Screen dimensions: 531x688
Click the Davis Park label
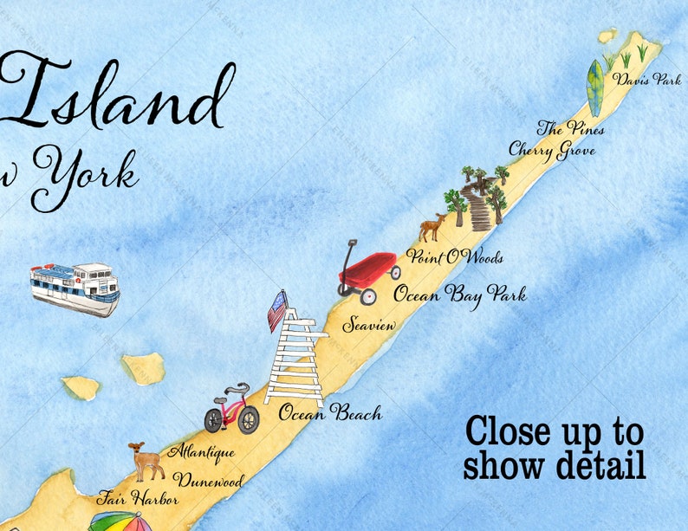[646, 79]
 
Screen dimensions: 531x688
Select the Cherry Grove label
[551, 149]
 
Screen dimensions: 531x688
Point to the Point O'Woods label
[454, 257]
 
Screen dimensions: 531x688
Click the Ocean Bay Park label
[459, 294]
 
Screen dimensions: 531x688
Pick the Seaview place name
[369, 326]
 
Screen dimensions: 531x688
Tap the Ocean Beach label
[329, 413]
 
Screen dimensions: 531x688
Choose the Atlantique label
[201, 451]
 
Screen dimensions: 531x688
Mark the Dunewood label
[207, 480]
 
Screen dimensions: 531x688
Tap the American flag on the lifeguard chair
[277, 309]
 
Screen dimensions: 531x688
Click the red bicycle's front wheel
[249, 421]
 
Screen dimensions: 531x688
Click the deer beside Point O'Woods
[431, 228]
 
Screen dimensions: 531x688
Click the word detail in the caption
[597, 465]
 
